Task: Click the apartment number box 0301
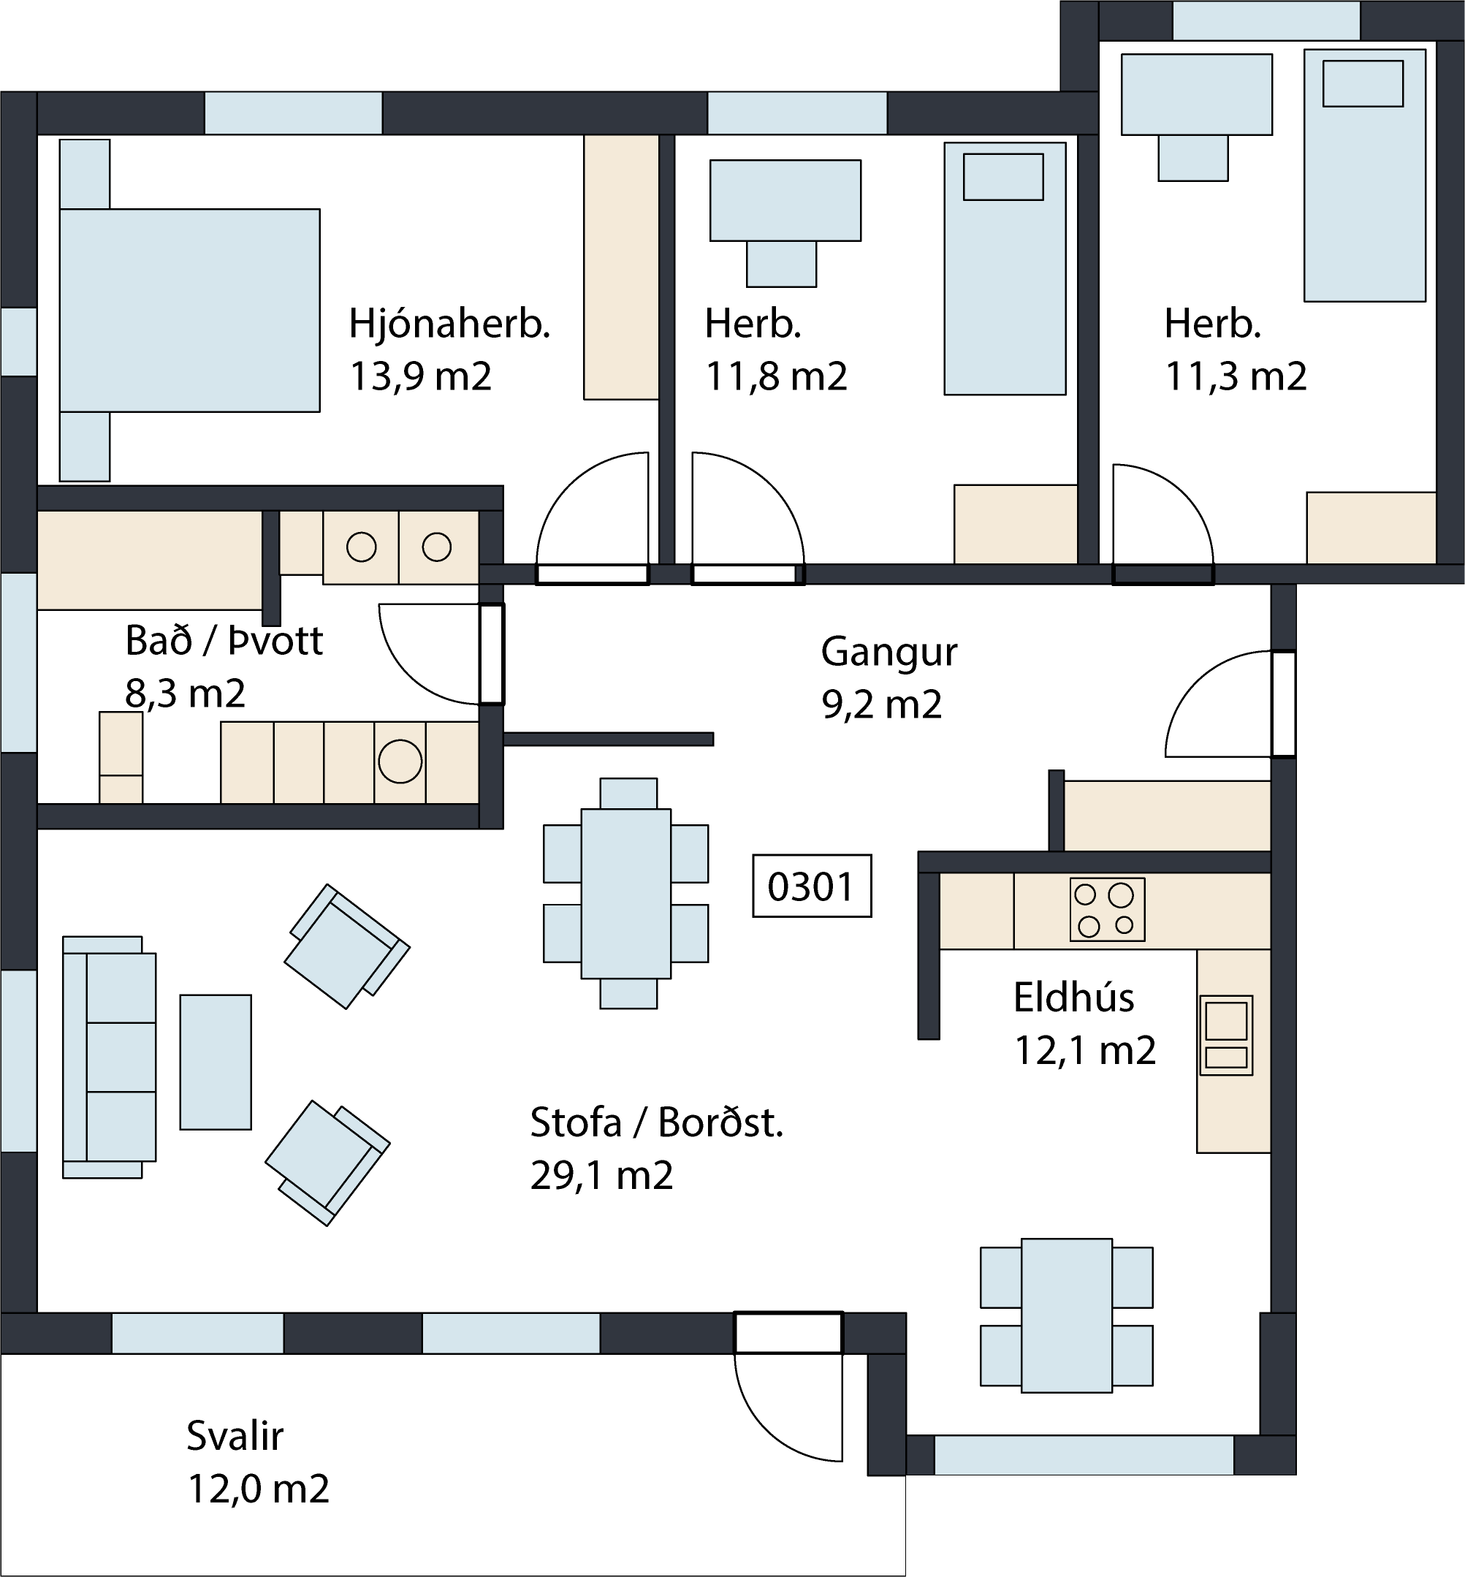coord(812,886)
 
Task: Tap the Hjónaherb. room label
coord(449,324)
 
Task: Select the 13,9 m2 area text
coord(420,376)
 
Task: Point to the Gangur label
coord(888,653)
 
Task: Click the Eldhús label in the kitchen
coord(1073,997)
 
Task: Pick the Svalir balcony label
coord(235,1436)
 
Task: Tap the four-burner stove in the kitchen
coord(1107,908)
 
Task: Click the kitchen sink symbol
coord(1225,1035)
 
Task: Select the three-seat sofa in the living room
coord(110,1057)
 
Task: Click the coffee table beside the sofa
coord(216,1062)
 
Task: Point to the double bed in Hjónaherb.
coord(189,310)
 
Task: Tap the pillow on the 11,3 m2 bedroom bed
coord(1363,83)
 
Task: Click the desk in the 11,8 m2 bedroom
coord(785,200)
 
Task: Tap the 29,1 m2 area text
coord(601,1175)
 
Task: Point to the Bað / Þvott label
coord(224,641)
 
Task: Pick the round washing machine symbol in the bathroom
coord(400,761)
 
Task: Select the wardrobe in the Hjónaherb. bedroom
coord(621,267)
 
